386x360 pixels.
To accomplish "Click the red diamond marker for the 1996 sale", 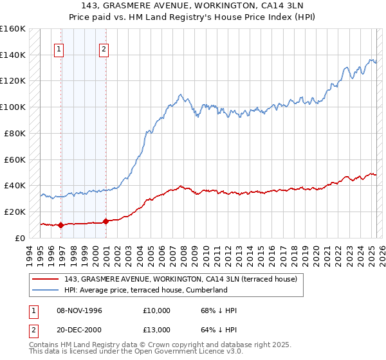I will click(x=61, y=225).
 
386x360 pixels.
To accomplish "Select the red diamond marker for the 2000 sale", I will click(x=105, y=221).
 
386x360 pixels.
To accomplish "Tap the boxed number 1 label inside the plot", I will click(x=59, y=48).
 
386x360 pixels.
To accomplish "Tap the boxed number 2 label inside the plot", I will click(x=104, y=48).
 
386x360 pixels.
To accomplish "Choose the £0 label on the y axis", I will click(x=21, y=237).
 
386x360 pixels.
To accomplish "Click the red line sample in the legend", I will click(x=46, y=279).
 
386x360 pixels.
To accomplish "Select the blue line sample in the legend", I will click(x=46, y=290).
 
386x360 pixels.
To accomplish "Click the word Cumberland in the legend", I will click(x=207, y=290).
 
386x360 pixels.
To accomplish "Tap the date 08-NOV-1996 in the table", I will click(x=79, y=310).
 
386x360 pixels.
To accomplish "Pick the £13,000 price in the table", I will click(x=157, y=328).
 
